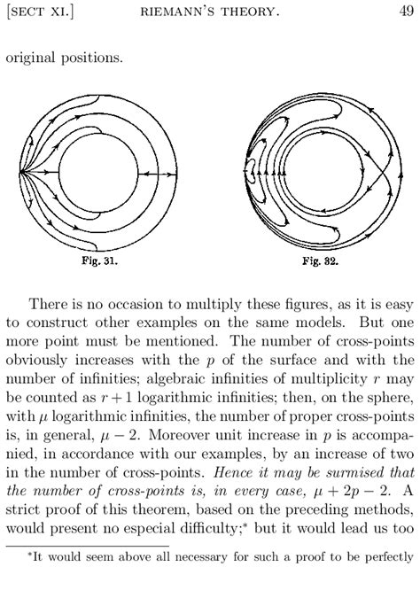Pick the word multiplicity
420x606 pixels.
[331, 377]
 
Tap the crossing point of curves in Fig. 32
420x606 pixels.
[382, 174]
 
